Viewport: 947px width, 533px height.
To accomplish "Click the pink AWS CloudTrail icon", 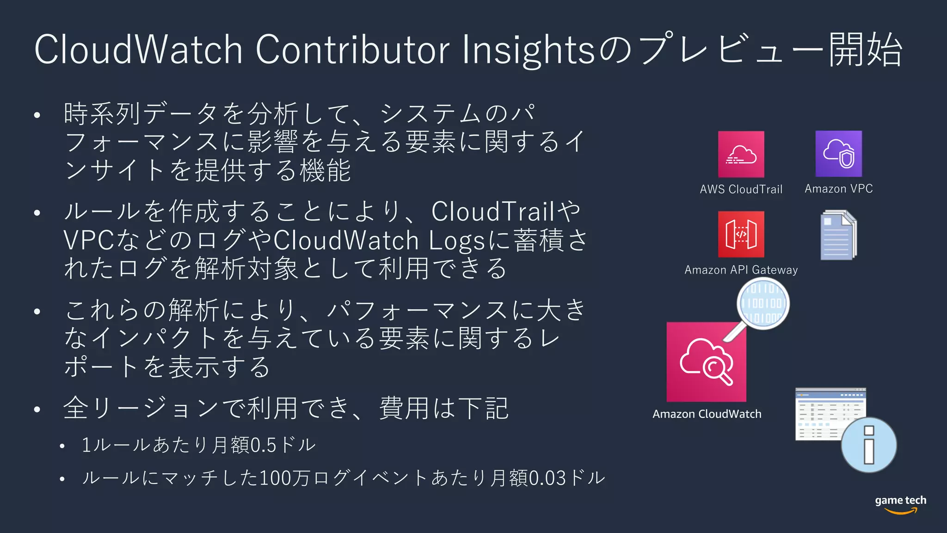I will (741, 154).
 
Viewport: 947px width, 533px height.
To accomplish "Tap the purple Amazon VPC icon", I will (838, 154).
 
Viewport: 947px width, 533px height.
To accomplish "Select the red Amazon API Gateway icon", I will (741, 234).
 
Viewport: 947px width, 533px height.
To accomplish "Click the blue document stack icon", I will (838, 235).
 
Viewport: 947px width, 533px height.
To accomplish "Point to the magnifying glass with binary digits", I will (763, 304).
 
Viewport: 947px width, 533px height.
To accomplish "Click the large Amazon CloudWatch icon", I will (706, 362).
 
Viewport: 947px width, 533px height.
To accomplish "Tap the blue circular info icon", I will (868, 445).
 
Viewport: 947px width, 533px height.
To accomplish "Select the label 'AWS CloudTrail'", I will (741, 189).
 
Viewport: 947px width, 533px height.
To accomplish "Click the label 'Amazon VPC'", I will (838, 189).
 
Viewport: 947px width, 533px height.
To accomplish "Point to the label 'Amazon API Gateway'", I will (741, 270).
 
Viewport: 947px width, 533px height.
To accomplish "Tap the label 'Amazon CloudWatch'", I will (707, 414).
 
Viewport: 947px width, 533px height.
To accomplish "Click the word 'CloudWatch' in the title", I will (138, 50).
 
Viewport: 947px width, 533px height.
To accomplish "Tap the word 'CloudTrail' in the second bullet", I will (492, 211).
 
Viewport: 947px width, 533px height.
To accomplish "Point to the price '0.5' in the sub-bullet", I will (263, 445).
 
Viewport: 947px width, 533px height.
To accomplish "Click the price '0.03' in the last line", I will (547, 478).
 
